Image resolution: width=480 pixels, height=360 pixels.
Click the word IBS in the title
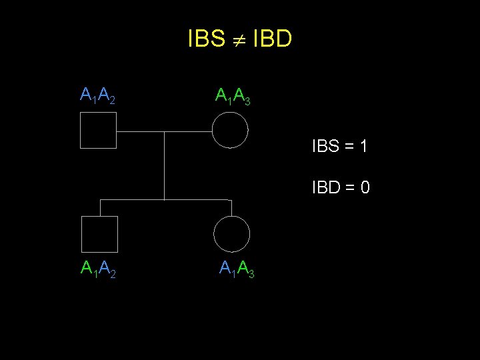(x=206, y=39)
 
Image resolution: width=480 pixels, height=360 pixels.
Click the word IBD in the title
(x=273, y=39)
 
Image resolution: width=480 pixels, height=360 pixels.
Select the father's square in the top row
(x=98, y=130)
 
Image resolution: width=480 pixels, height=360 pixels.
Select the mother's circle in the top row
(x=230, y=130)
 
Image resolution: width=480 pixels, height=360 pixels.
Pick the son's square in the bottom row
(x=99, y=234)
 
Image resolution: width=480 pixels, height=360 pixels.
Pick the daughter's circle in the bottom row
(x=232, y=234)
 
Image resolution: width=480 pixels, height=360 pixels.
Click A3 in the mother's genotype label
(x=242, y=97)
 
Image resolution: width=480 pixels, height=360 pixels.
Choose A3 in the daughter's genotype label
(x=246, y=269)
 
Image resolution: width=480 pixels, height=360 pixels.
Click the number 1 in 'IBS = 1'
(x=363, y=146)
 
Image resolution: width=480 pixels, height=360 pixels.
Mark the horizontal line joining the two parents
(x=164, y=131)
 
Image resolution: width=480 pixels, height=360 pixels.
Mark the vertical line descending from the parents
(x=164, y=167)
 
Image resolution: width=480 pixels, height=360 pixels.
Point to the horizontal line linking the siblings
(x=165, y=199)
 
